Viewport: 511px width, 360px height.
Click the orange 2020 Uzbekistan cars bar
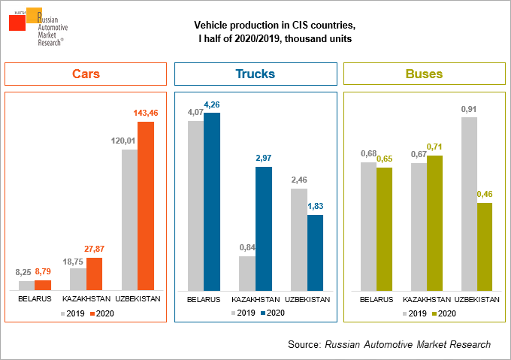click(x=145, y=205)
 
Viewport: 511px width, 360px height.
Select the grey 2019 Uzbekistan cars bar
click(x=129, y=219)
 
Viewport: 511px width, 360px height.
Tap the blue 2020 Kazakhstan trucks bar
click(x=263, y=228)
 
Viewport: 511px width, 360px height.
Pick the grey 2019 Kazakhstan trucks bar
click(x=247, y=273)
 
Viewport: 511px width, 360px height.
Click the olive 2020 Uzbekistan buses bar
click(x=484, y=246)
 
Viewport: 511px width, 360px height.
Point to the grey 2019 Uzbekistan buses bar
click(x=468, y=204)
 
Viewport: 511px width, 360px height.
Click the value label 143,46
click(x=145, y=113)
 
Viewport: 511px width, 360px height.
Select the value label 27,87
click(x=94, y=250)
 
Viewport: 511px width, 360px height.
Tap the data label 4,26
click(x=212, y=104)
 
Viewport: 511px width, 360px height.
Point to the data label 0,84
click(x=247, y=247)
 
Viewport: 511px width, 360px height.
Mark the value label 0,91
click(x=468, y=108)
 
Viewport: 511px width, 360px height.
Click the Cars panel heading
click(x=86, y=74)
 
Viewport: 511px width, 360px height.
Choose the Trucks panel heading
click(x=255, y=74)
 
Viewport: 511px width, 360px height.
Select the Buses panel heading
click(x=424, y=74)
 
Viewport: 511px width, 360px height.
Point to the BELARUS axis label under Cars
click(x=35, y=299)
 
